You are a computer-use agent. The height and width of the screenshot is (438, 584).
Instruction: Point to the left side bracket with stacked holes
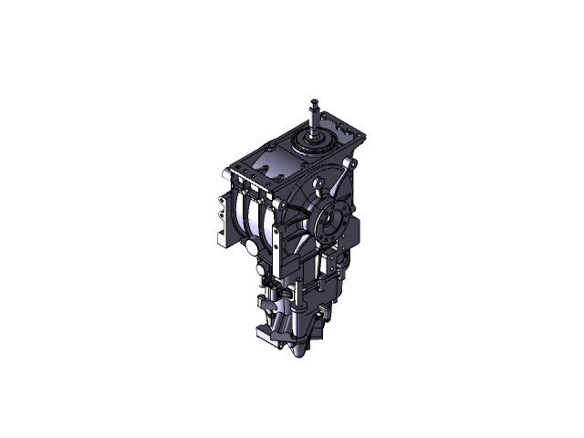coord(224,219)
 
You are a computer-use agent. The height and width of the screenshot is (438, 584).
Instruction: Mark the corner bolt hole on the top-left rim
coord(231,172)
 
